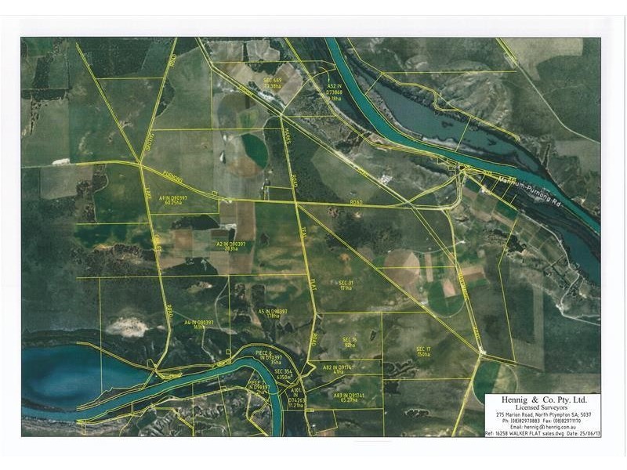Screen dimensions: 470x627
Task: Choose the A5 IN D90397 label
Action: [273, 313]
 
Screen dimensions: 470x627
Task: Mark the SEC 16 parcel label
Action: [350, 342]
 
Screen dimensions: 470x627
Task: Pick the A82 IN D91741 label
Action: [338, 369]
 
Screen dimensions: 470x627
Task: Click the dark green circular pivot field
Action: [254, 148]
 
